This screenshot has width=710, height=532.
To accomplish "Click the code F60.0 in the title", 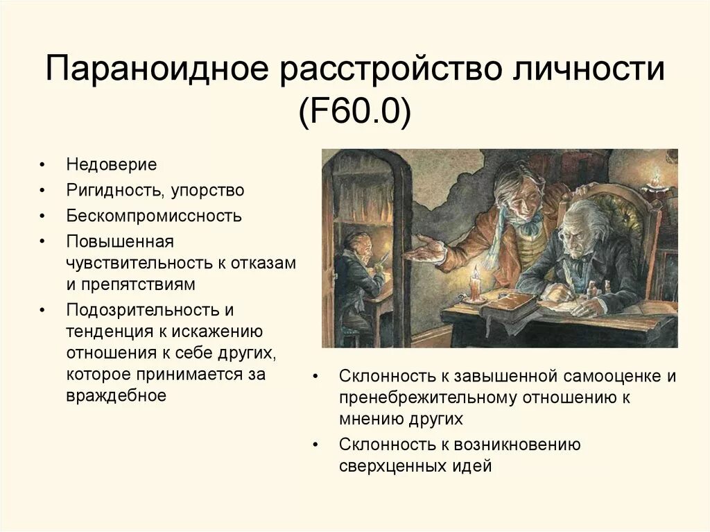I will [355, 112].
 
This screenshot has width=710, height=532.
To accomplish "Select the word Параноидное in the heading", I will [156, 72].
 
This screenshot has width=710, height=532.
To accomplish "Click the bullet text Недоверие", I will [112, 165].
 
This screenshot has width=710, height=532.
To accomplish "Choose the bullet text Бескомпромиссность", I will [154, 215].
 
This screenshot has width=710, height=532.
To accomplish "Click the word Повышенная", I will [119, 241].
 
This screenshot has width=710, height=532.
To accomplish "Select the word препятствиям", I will [141, 284].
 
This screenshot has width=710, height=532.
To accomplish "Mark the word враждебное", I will [116, 395].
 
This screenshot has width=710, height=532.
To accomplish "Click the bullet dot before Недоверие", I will [43, 166].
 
